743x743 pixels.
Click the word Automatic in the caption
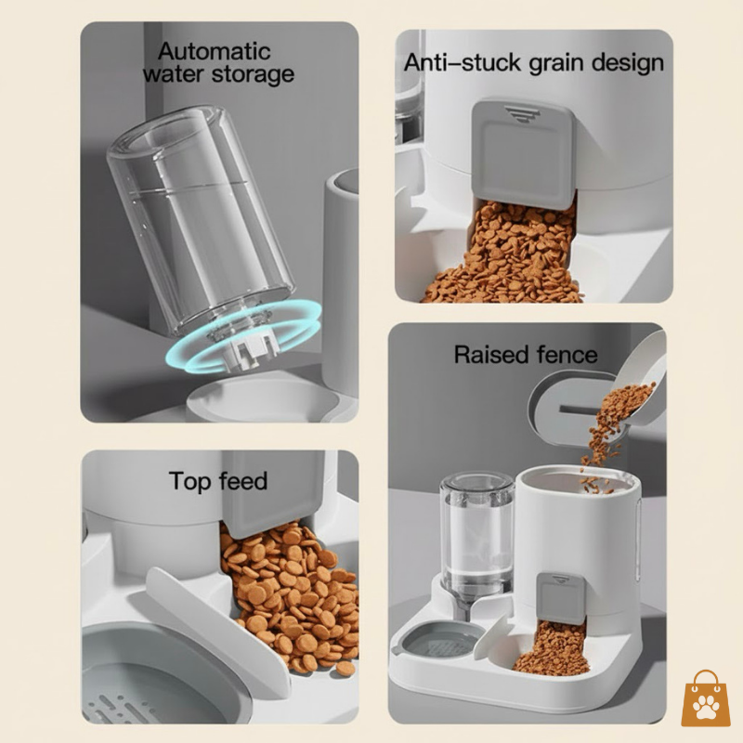[214, 50]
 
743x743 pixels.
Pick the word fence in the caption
[567, 354]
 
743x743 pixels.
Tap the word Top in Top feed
[189, 481]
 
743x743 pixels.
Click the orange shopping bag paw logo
[705, 700]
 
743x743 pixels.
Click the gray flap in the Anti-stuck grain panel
[523, 153]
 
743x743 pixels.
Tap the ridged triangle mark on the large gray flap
[523, 111]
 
